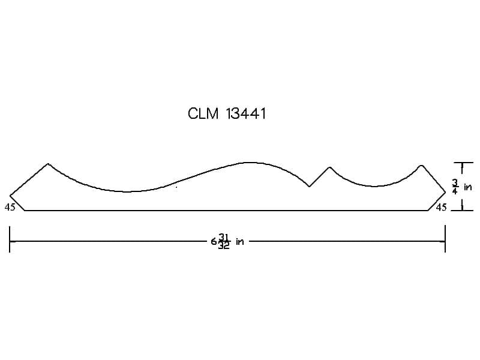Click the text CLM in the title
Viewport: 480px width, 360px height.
click(x=203, y=113)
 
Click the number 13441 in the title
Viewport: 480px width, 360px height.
click(x=246, y=113)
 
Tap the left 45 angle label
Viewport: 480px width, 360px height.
click(x=10, y=207)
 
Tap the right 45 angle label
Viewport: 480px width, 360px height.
click(x=441, y=207)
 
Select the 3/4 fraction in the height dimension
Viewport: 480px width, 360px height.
click(x=455, y=187)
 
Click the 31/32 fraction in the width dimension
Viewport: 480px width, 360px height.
click(x=224, y=241)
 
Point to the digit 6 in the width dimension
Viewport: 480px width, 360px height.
click(x=214, y=242)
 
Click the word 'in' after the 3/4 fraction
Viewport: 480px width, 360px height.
click(x=468, y=187)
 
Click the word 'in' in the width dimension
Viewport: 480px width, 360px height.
click(x=239, y=242)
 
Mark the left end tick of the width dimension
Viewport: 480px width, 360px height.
click(x=10, y=239)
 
